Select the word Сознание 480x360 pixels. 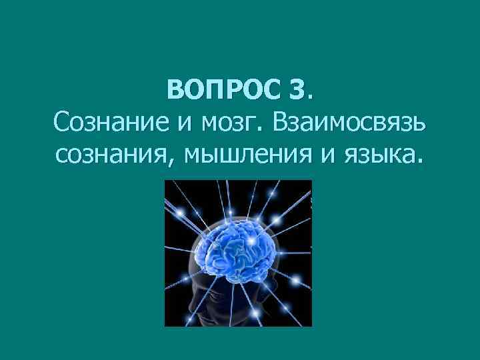pos(107,123)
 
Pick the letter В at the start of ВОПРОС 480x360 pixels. pos(175,89)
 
